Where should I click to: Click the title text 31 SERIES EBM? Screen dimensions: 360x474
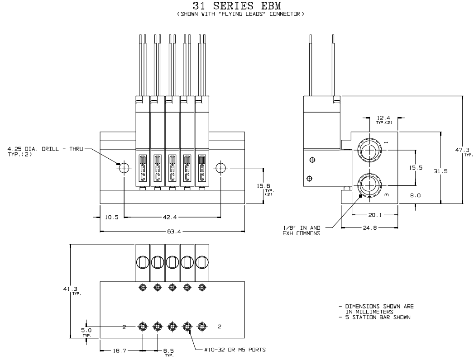pos(237,6)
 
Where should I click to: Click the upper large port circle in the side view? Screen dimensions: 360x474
pos(370,149)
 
